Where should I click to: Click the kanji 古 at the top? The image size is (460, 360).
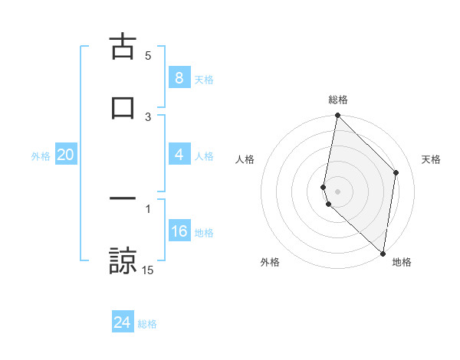123,48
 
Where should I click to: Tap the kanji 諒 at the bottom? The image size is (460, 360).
123,259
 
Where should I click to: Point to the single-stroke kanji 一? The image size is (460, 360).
123,198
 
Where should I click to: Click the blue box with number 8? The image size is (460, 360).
179,78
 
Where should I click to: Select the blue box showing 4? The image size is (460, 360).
179,155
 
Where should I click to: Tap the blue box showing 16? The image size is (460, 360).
179,231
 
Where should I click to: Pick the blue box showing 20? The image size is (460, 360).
65,155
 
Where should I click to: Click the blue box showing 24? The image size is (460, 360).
123,322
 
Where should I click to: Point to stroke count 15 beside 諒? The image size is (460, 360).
148,270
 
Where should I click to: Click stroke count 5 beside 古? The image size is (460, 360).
148,55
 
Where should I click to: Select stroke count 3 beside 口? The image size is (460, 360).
148,116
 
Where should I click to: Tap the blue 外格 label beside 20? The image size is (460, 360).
41,155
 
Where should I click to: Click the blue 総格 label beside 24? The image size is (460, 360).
147,323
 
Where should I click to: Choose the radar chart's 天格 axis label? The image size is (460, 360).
431,159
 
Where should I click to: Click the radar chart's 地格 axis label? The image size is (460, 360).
402,262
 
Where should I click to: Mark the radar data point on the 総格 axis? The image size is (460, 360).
337,116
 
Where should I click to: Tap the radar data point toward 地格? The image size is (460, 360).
383,253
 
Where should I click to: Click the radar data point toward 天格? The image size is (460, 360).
396,172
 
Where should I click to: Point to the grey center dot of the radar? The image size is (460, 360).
337,191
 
